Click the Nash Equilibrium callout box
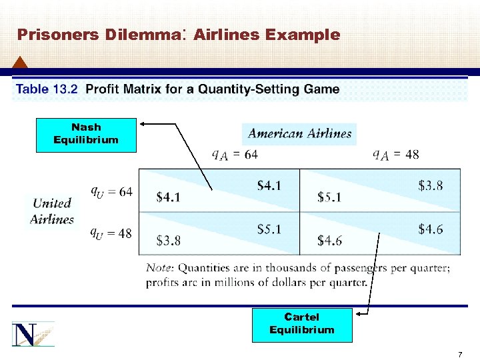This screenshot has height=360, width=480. (x=86, y=134)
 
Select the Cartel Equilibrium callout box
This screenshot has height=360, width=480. (x=301, y=324)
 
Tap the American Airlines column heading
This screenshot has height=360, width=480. (x=299, y=133)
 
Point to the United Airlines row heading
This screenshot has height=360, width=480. (x=51, y=211)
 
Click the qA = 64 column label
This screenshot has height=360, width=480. (x=235, y=155)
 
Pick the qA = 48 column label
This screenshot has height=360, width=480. (x=396, y=155)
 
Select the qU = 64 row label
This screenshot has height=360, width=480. (x=111, y=191)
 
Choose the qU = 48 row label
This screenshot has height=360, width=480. (x=111, y=233)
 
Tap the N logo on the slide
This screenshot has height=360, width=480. (x=33, y=333)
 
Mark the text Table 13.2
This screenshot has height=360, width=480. (x=47, y=89)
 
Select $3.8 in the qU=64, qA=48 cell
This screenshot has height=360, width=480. (x=430, y=186)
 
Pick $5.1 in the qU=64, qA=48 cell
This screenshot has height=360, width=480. (x=330, y=197)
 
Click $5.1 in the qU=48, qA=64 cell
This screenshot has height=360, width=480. (x=269, y=229)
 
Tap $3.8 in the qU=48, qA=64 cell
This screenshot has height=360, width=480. (x=168, y=240)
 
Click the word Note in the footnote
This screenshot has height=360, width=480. (x=159, y=268)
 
